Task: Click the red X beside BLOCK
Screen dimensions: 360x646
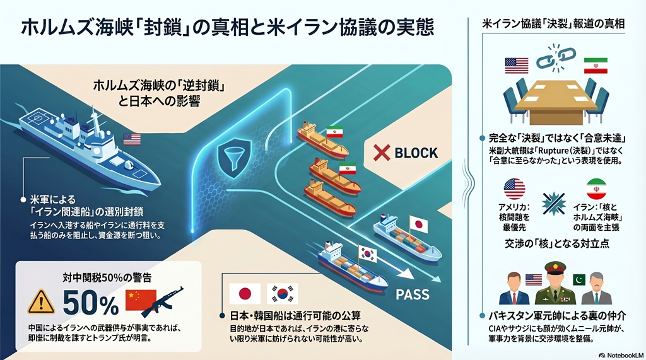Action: [380, 153]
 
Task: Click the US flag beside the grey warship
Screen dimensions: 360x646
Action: [132, 139]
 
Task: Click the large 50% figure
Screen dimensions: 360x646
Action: [90, 305]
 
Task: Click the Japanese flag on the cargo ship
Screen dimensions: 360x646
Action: [418, 223]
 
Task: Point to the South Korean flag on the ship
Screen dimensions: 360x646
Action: [367, 254]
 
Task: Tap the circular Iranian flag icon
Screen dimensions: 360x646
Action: [596, 189]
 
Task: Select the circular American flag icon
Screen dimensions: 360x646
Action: [515, 189]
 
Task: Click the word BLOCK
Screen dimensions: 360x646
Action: [416, 152]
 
